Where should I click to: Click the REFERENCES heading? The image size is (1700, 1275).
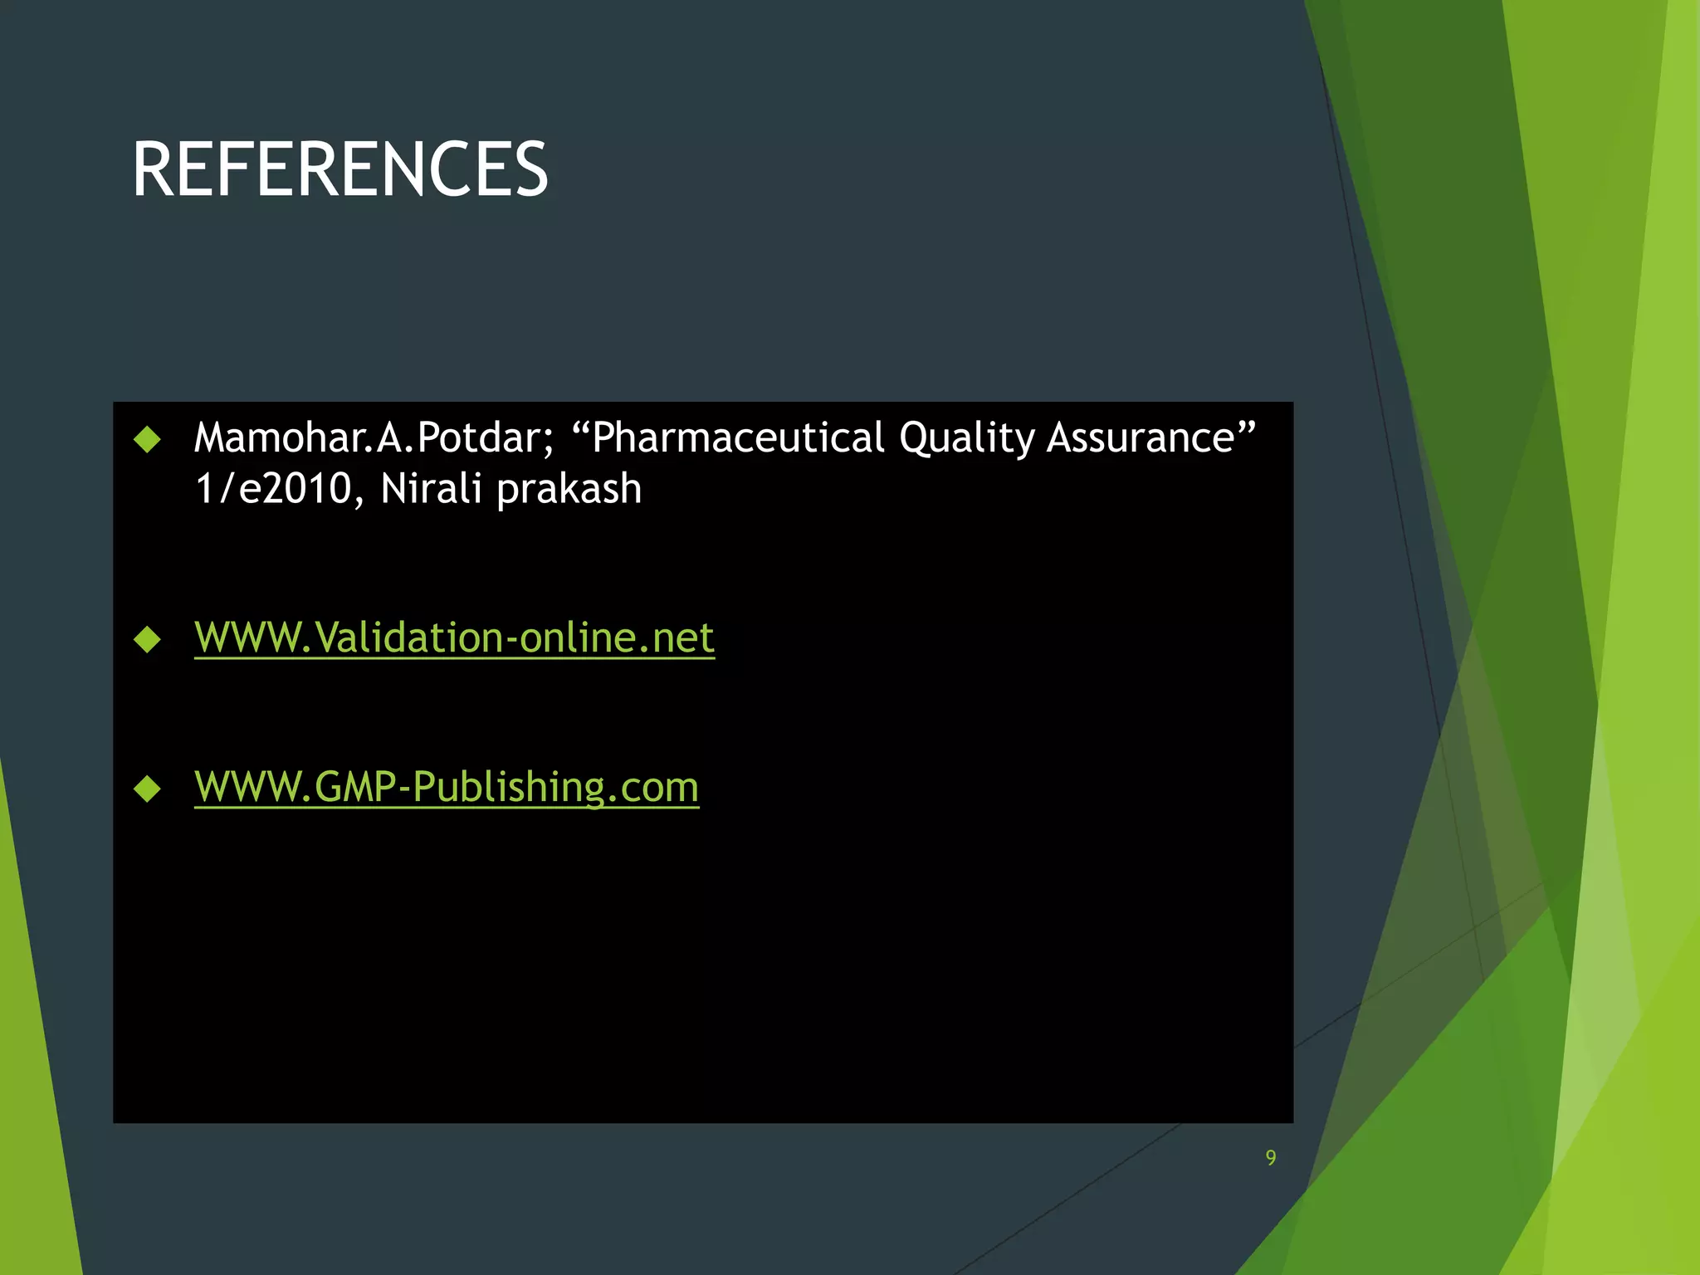pyautogui.click(x=340, y=169)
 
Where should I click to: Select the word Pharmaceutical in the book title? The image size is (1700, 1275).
pyautogui.click(x=739, y=438)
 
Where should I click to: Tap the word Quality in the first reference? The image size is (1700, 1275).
pyautogui.click(x=966, y=438)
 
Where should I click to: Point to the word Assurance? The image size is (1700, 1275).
pyautogui.click(x=1141, y=438)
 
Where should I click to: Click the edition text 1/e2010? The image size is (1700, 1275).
pyautogui.click(x=272, y=489)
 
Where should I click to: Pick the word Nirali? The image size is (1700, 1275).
pyautogui.click(x=431, y=489)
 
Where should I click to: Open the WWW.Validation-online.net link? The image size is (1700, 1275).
pyautogui.click(x=454, y=638)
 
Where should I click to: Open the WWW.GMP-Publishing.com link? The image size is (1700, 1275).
pyautogui.click(x=447, y=788)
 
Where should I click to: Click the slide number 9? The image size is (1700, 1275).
pyautogui.click(x=1271, y=1158)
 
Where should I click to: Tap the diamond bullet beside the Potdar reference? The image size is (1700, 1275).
pyautogui.click(x=147, y=439)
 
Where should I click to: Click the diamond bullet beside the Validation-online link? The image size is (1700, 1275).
pyautogui.click(x=147, y=639)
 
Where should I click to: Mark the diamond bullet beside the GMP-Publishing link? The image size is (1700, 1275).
pyautogui.click(x=147, y=789)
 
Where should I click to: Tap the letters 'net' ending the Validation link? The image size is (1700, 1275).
pyautogui.click(x=683, y=639)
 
